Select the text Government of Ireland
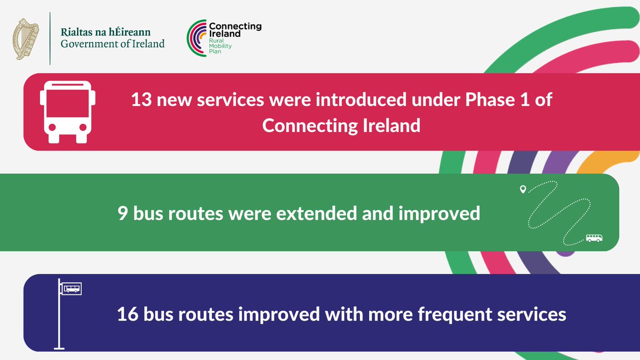(113, 44)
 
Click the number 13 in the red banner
(142, 100)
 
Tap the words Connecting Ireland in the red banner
(341, 126)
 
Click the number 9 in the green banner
(123, 213)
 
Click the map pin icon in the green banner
(523, 189)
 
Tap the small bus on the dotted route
(594, 238)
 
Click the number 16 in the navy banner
(127, 314)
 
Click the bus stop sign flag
(71, 289)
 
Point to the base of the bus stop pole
(59, 348)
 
